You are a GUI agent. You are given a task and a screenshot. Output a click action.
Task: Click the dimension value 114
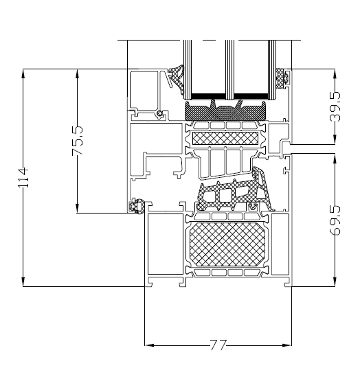pyautogui.click(x=23, y=178)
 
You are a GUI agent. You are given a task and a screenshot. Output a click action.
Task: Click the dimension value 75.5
pyautogui.click(x=77, y=140)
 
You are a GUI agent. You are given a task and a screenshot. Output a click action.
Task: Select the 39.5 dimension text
pyautogui.click(x=335, y=107)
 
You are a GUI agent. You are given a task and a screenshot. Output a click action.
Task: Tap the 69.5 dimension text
pyautogui.click(x=335, y=219)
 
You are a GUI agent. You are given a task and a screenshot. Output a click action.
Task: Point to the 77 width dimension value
pyautogui.click(x=218, y=345)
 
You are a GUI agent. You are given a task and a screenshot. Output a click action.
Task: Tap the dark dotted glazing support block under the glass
pyautogui.click(x=227, y=110)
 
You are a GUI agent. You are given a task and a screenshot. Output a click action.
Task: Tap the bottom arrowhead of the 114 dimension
pyautogui.click(x=23, y=284)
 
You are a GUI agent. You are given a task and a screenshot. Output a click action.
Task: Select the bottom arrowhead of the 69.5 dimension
pyautogui.click(x=335, y=284)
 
